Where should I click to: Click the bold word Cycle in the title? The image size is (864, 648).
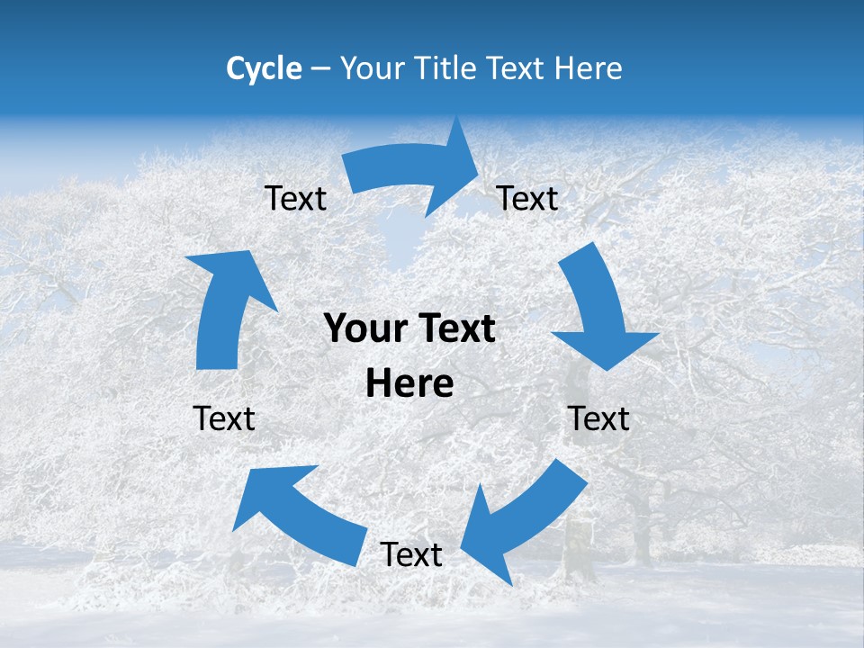264,68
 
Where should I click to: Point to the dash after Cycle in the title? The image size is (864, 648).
319,69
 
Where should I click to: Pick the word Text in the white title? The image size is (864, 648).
516,68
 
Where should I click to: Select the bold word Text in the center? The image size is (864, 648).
454,328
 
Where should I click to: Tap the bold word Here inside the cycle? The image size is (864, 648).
409,384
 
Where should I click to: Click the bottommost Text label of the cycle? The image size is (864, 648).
411,555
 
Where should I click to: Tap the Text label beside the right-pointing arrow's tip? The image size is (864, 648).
527,199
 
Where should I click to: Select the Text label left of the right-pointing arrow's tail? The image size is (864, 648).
295,199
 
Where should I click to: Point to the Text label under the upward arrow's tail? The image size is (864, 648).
224,418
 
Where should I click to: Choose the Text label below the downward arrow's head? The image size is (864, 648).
599,418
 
